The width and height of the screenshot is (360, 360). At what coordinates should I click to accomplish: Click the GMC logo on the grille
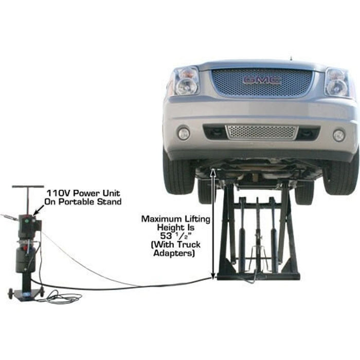[262, 80]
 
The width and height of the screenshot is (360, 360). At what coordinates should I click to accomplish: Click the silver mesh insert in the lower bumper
[261, 132]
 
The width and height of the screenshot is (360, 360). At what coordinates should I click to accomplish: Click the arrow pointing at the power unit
[37, 207]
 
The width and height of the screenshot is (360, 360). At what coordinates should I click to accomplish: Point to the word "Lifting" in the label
[196, 220]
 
